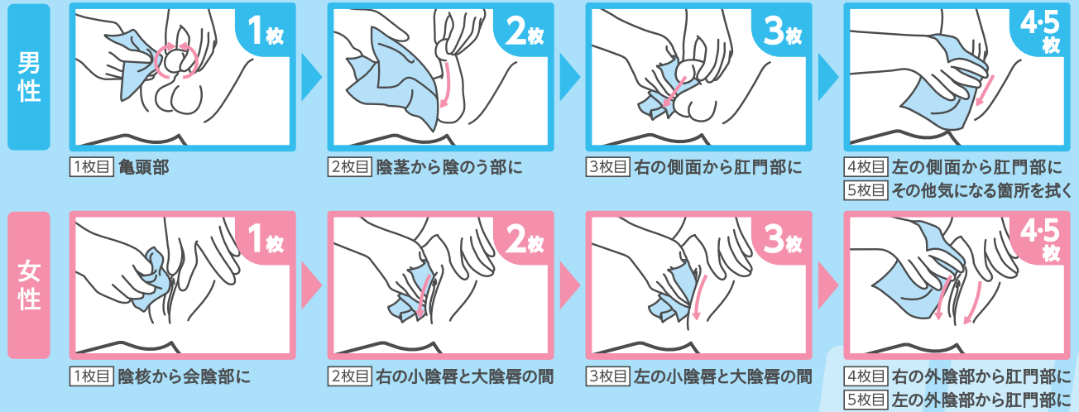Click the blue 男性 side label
point(29,77)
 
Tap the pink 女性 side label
point(29,285)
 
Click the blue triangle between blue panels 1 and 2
point(310,77)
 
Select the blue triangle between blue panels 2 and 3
point(569,77)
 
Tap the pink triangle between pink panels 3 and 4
point(827,285)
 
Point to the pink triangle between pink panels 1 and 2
point(310,285)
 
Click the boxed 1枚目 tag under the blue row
point(92,167)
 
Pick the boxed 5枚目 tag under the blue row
point(866,190)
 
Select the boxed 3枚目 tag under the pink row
point(608,376)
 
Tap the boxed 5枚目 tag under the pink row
point(866,400)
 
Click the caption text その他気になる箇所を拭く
point(981,190)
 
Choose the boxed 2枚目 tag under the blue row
point(350,167)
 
